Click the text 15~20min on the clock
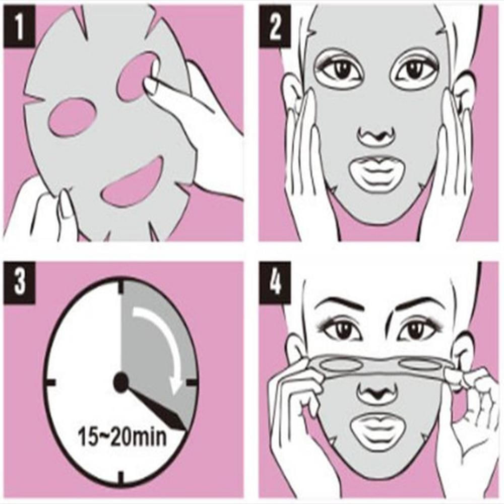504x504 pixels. tap(122, 436)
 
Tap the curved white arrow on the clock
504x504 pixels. tap(161, 343)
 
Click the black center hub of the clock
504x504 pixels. tap(121, 383)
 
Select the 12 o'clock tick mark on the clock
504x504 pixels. tap(121, 287)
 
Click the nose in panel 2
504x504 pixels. tap(377, 135)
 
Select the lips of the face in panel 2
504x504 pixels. tap(377, 174)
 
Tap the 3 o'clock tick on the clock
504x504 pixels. tap(192, 383)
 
